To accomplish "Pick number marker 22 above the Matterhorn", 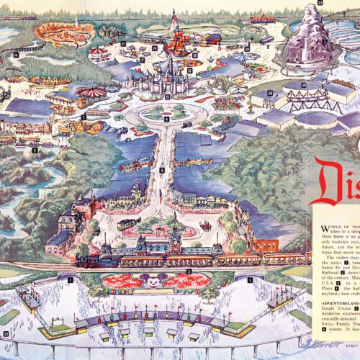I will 320,4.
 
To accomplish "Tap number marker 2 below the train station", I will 189,271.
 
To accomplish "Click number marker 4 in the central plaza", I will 166,118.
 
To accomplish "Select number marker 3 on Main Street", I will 163,170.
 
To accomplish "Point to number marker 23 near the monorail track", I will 6,333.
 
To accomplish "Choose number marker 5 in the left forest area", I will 35,150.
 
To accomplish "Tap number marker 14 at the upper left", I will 15,54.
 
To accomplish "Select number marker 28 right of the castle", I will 269,93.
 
